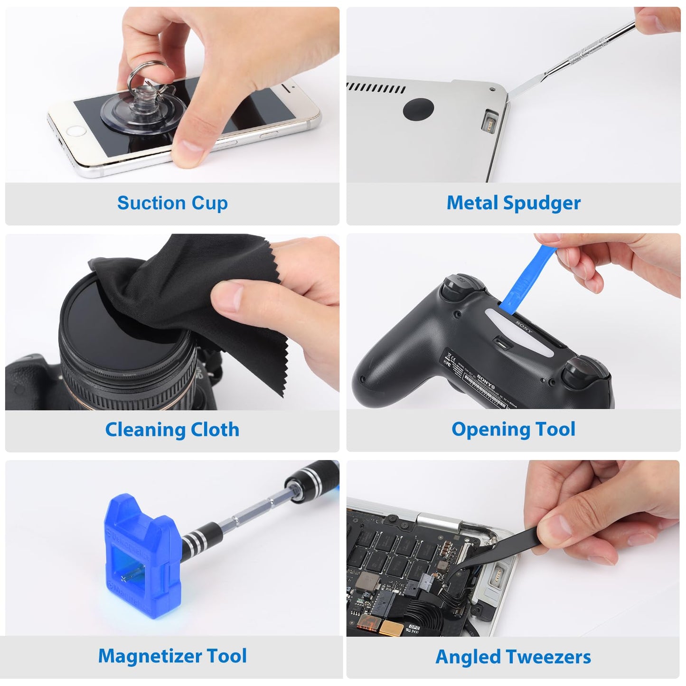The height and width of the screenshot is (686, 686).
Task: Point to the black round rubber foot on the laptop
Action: [418, 109]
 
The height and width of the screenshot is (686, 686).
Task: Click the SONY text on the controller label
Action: [485, 379]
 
